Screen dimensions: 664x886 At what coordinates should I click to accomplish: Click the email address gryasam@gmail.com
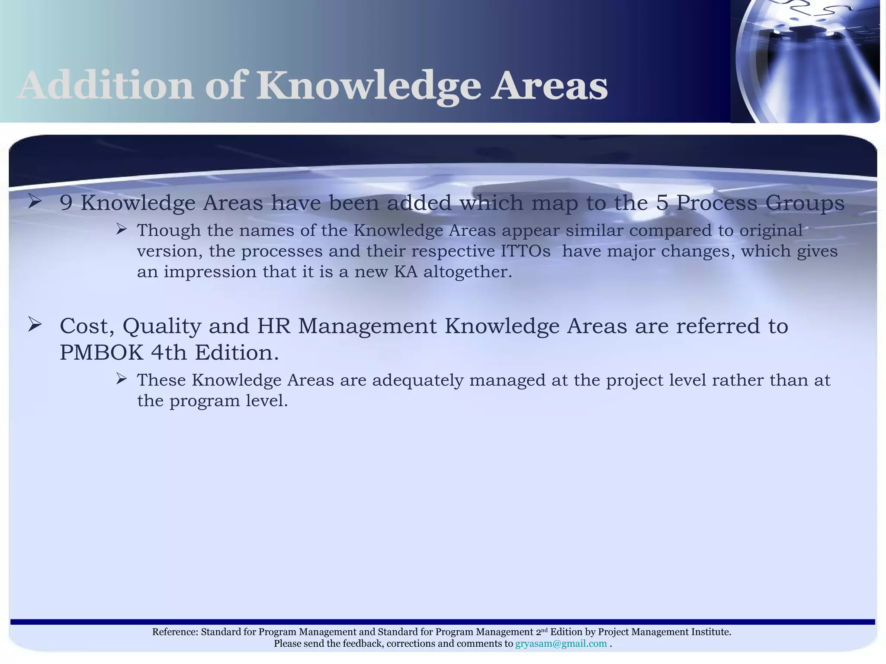(561, 644)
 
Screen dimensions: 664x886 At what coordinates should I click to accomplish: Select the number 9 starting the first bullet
(66, 203)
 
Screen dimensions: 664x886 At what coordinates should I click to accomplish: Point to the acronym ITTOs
(526, 251)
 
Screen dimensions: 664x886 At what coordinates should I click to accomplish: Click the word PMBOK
(101, 353)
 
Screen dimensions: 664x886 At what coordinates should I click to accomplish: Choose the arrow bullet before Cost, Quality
(35, 324)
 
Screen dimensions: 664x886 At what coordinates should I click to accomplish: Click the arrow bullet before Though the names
(121, 229)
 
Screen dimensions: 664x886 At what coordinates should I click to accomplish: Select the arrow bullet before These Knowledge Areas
(121, 379)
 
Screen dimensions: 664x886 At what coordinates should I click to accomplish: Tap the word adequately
(417, 380)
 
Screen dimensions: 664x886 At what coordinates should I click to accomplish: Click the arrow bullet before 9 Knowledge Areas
(35, 202)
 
